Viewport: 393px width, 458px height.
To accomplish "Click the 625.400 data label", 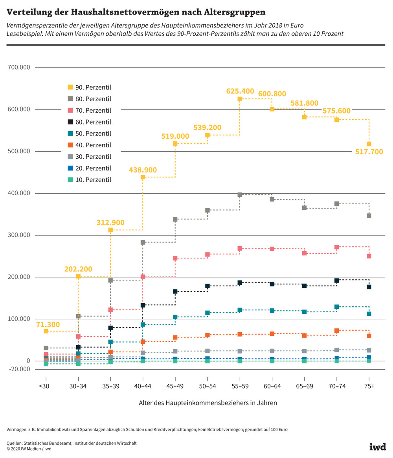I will (240, 91).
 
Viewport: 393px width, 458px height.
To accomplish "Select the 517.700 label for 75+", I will (369, 152).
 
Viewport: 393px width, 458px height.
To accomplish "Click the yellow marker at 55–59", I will (240, 99).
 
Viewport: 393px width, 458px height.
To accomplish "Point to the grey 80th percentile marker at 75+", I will (369, 216).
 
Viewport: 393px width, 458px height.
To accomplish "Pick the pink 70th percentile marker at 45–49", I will (175, 258).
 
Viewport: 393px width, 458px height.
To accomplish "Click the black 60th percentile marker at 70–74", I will (337, 280).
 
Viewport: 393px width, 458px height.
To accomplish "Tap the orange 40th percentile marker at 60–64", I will (272, 334).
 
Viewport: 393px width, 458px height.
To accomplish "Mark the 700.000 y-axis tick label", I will (19, 68).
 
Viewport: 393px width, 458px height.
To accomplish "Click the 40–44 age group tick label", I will (143, 386).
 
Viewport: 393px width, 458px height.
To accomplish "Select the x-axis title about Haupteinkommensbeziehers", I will (208, 403).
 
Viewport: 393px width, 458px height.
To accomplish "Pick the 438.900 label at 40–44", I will (143, 170).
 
